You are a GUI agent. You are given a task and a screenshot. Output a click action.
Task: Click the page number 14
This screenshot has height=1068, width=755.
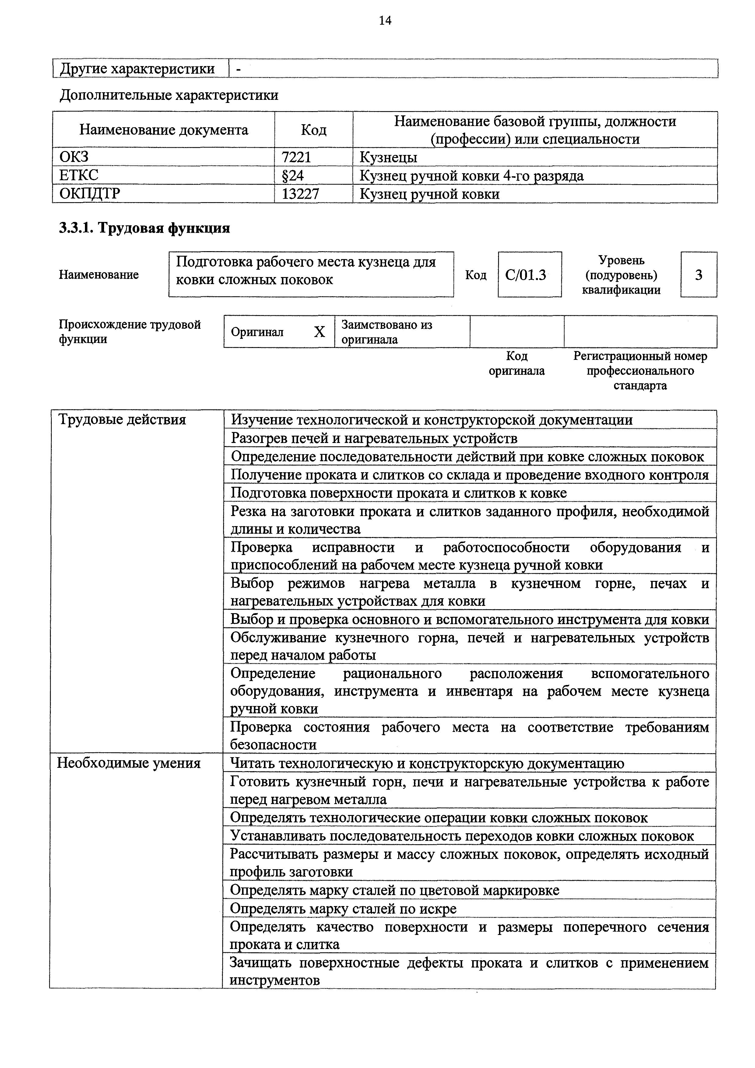[385, 20]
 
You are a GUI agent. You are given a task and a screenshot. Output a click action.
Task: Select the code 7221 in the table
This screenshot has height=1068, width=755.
[296, 157]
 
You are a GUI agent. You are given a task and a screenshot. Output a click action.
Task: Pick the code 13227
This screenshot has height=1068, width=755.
[300, 194]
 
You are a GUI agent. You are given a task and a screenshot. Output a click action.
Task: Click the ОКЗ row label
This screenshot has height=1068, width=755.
[74, 157]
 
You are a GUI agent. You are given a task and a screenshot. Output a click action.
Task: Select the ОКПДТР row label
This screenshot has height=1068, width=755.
[89, 194]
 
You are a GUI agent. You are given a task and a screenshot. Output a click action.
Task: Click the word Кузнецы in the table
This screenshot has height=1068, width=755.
[388, 157]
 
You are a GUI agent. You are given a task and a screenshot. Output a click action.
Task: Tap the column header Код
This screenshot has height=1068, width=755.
[314, 130]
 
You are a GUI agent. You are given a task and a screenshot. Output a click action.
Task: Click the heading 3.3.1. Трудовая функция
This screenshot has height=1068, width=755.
[144, 228]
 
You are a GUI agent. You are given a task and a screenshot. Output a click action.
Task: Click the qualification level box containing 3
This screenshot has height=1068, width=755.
[698, 276]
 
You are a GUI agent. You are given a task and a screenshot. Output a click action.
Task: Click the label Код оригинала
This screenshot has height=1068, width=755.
[516, 363]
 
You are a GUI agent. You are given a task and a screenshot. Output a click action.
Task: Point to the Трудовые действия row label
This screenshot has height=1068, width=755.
[122, 420]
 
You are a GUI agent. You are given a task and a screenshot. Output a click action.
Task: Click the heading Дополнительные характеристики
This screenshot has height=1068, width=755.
[169, 95]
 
